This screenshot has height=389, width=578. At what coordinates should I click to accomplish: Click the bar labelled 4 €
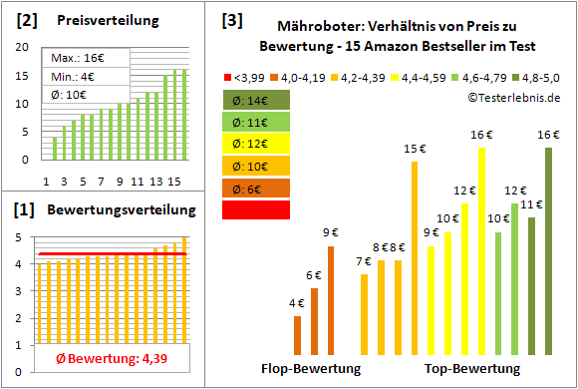click(297, 335)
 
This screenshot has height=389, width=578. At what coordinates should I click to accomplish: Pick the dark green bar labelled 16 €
click(548, 250)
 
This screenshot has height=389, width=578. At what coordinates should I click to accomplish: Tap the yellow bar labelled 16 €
click(481, 250)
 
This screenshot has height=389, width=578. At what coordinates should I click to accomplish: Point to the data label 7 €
click(365, 262)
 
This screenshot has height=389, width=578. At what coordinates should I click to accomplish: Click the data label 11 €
click(531, 204)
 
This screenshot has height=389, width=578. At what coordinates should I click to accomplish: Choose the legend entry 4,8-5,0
click(544, 76)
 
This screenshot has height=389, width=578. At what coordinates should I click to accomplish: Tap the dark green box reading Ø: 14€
click(256, 100)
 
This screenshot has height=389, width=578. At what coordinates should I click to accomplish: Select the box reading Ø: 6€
click(256, 188)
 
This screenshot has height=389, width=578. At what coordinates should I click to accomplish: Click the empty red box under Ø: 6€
click(256, 209)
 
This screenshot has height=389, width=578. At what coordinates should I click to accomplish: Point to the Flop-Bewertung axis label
click(311, 369)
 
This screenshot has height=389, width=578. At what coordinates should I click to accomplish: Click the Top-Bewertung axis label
click(472, 369)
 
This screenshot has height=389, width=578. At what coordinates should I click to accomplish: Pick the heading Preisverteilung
click(97, 21)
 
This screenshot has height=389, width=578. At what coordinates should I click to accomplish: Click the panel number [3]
click(231, 19)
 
